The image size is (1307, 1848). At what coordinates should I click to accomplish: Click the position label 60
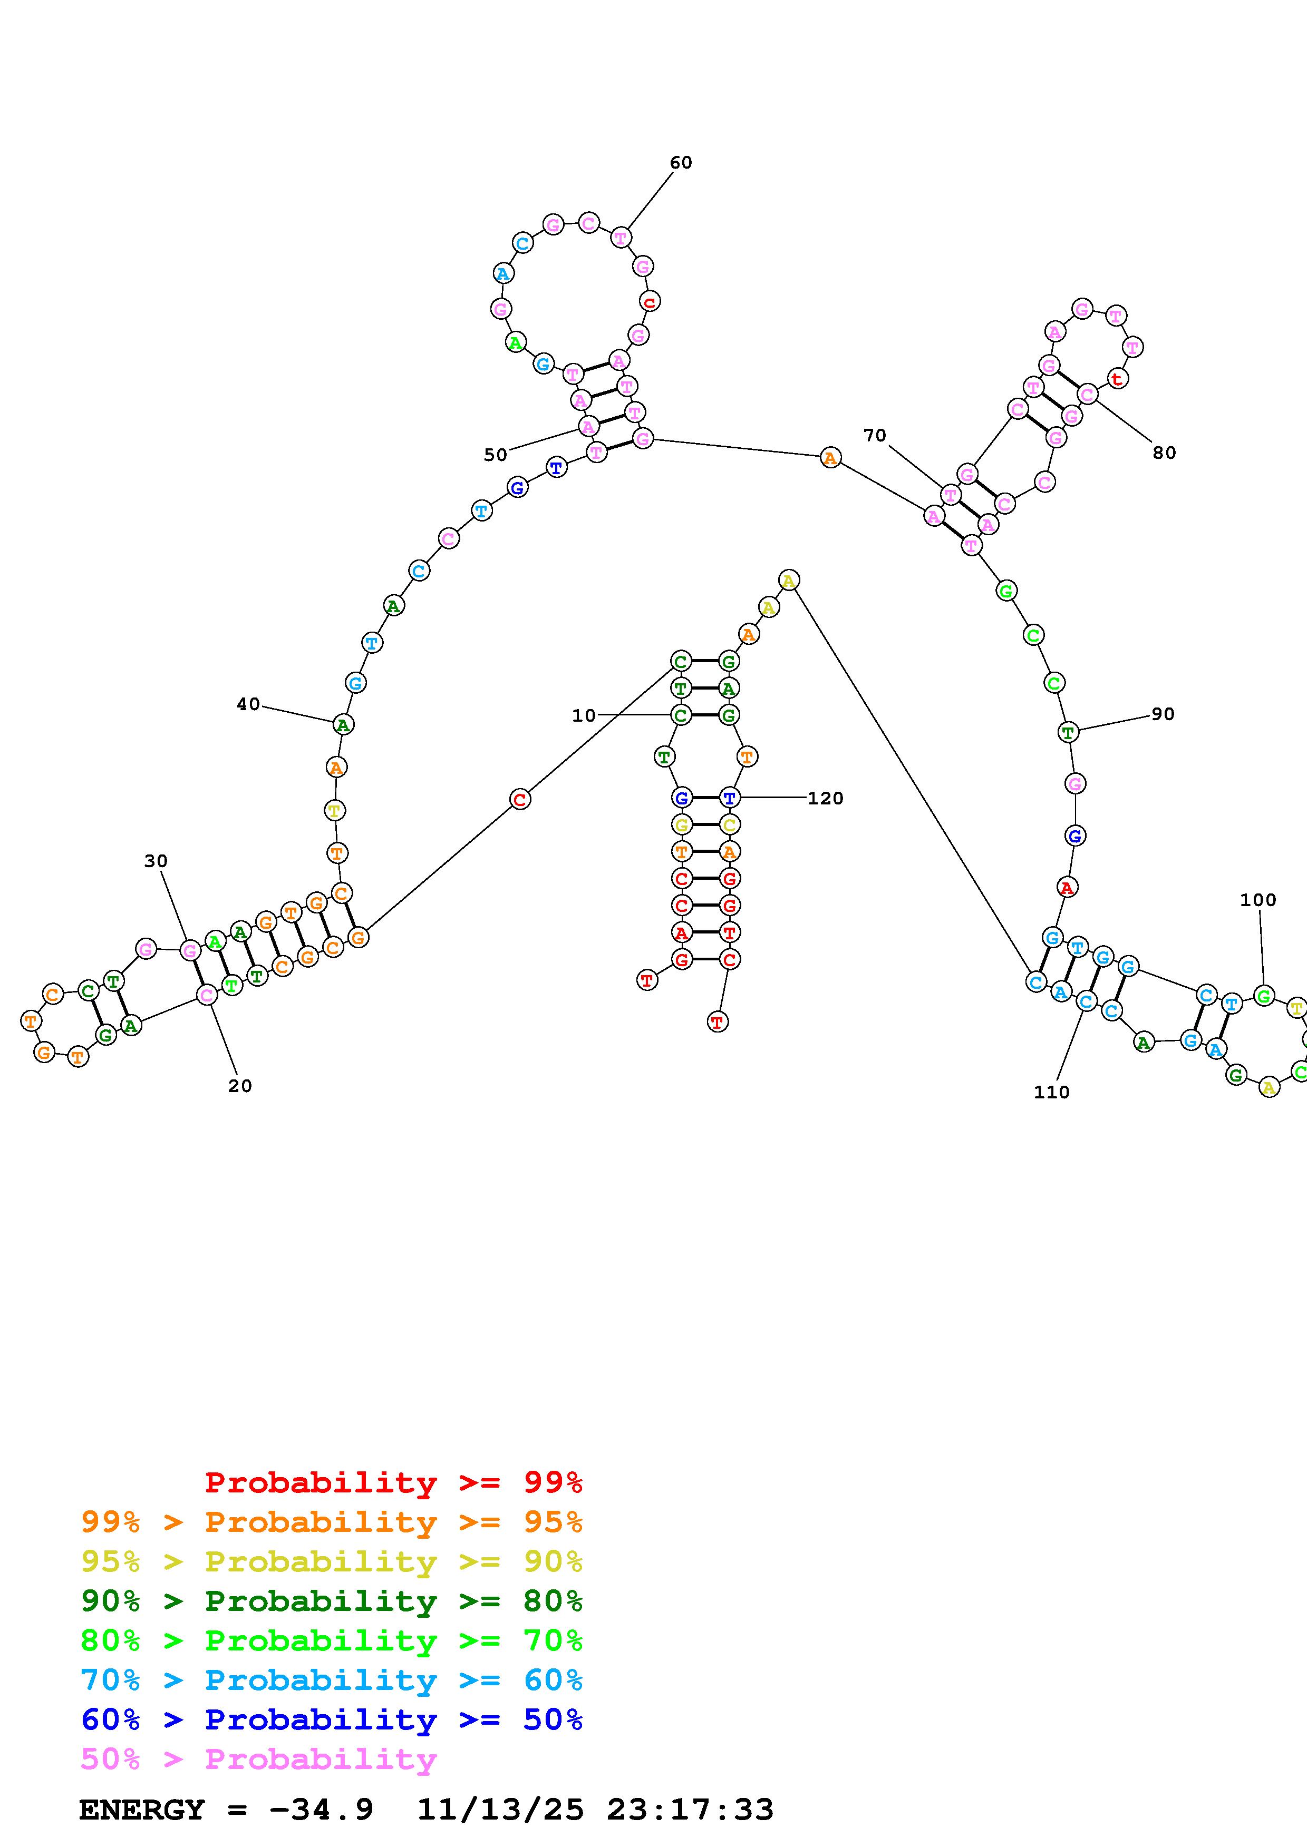(x=681, y=163)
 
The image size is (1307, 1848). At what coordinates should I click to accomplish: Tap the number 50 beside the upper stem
(x=495, y=455)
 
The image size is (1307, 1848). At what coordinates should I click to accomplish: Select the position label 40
(x=248, y=704)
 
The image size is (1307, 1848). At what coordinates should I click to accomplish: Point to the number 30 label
(x=156, y=861)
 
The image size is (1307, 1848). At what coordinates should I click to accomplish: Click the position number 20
(x=240, y=1086)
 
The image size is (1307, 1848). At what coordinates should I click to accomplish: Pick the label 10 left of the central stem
(x=584, y=715)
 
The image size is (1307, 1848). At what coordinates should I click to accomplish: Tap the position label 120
(x=826, y=799)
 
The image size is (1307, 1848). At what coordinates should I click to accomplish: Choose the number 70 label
(x=875, y=436)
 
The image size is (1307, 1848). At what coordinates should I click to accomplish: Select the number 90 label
(x=1162, y=714)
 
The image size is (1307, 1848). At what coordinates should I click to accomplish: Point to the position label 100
(x=1258, y=900)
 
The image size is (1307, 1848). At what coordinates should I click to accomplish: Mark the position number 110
(x=1051, y=1092)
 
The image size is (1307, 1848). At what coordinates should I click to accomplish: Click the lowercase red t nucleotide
(x=1116, y=378)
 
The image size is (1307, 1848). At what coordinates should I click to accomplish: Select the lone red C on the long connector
(x=520, y=799)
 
